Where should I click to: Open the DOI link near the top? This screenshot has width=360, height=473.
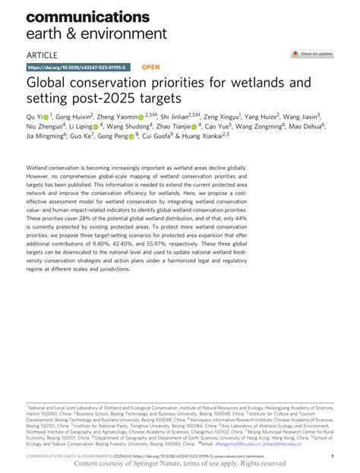point(74,67)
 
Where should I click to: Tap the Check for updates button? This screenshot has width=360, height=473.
point(311,55)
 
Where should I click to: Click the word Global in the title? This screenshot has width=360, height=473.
point(50,83)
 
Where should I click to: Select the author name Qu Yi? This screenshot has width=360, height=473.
point(35,116)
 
